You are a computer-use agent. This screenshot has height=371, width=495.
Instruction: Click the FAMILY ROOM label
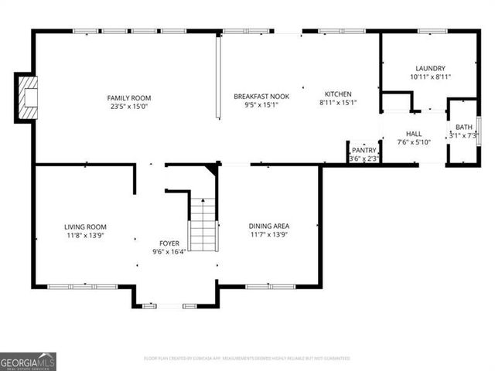point(129,98)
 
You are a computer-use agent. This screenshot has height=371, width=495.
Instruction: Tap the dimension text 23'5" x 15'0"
point(129,107)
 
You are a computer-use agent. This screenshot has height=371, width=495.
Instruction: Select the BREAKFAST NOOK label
point(261,96)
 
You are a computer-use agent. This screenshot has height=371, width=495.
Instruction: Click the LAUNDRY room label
point(430,68)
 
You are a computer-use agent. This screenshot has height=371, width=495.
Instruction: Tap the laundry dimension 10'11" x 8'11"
point(430,77)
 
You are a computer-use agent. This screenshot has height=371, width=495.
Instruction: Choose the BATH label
point(463,127)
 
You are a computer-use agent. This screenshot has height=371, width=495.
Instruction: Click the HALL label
point(414,133)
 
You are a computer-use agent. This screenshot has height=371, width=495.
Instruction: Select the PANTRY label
point(364,150)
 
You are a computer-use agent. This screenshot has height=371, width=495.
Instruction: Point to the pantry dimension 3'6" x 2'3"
point(364,158)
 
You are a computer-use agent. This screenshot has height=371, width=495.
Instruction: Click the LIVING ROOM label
point(85,226)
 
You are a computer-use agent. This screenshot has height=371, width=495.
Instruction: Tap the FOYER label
point(168,242)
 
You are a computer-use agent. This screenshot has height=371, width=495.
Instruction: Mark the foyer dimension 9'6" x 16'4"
point(168,251)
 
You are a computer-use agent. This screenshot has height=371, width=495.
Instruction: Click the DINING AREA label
point(269,226)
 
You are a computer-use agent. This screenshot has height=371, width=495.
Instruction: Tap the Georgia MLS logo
point(28,362)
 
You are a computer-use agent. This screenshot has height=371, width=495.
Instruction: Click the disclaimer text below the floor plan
point(247,359)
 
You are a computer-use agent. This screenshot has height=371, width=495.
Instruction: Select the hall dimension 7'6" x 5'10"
point(414,142)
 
